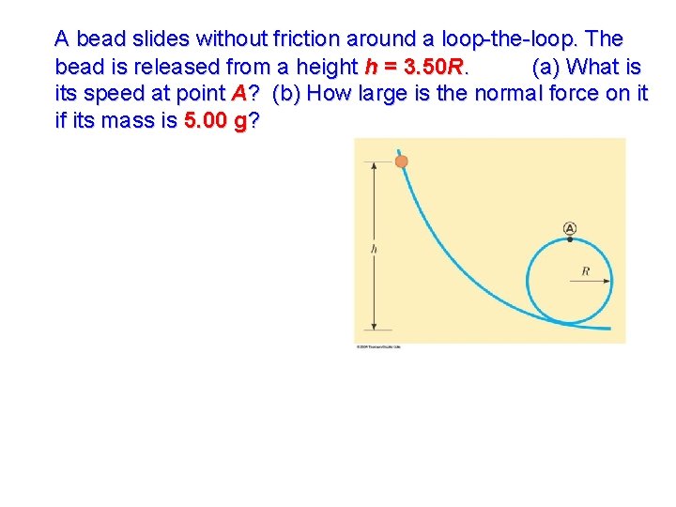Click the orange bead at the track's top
401,161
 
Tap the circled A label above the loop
570,227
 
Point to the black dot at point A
570,239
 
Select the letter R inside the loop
586,271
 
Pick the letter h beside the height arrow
374,249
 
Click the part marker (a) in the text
547,68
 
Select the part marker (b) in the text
286,95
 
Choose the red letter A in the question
238,95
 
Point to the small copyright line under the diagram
378,346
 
